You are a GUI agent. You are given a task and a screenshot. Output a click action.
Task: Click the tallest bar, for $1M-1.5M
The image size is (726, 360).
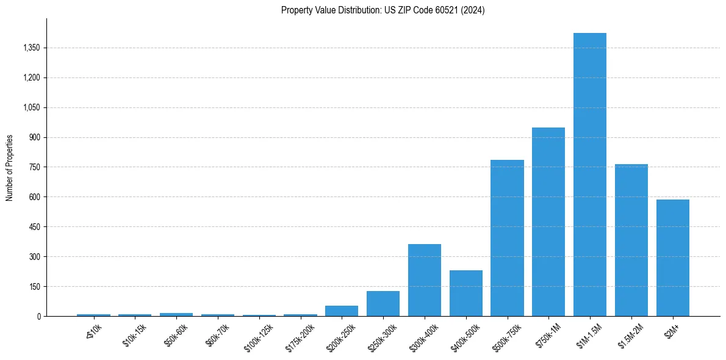[x=590, y=175]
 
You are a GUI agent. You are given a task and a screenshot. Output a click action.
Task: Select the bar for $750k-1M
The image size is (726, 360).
[x=548, y=221]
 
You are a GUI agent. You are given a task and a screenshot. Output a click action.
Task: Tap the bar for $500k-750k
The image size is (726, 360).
[x=507, y=238]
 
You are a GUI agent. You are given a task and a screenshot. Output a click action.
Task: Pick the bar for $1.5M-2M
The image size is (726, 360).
[x=631, y=240]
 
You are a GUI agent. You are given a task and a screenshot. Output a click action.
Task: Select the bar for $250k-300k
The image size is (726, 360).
[x=383, y=303]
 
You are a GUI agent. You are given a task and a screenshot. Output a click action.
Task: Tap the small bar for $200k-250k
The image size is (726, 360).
[x=342, y=311]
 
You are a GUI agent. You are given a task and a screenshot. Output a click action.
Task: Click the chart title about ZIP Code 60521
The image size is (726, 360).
[x=383, y=10]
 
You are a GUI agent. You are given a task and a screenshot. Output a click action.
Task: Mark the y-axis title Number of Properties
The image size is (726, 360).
[x=10, y=167]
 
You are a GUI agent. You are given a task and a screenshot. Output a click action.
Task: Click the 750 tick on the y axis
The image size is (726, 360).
[x=34, y=167]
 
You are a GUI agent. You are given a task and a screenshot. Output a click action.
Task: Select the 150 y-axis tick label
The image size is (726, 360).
[x=34, y=286]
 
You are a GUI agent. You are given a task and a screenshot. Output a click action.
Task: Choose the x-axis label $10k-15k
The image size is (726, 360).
[x=135, y=335]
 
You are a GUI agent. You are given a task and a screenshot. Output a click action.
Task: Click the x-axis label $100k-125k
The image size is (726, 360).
[x=258, y=337]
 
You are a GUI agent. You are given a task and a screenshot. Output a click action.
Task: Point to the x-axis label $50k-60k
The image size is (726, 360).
[x=176, y=335]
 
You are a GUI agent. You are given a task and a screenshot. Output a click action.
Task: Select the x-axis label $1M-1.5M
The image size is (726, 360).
[x=590, y=336]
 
